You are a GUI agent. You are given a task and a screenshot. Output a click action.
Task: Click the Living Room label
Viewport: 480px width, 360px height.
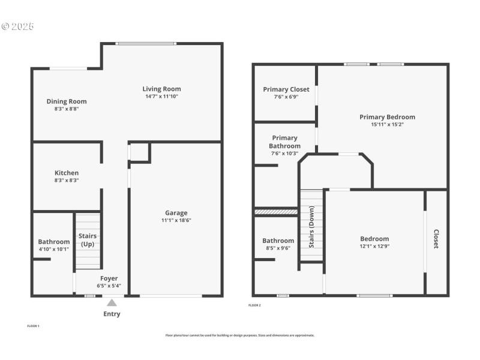tap(161, 89)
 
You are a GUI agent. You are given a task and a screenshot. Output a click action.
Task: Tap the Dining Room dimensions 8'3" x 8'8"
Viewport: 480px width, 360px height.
tap(67, 109)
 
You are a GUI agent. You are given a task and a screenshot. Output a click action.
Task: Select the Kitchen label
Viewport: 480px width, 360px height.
tap(67, 173)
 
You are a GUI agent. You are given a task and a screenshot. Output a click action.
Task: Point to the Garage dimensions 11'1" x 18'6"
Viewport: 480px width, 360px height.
tap(176, 220)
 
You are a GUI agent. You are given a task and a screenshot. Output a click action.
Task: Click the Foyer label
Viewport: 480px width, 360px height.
tap(109, 278)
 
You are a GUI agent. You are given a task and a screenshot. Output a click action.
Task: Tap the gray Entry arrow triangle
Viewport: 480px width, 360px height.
tap(112, 303)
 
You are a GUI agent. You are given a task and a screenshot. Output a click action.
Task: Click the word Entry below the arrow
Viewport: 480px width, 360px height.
tap(112, 314)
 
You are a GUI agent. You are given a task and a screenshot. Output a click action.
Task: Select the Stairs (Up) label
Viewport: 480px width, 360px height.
tap(88, 240)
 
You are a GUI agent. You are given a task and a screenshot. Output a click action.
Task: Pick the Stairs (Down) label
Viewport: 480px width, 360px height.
tap(311, 227)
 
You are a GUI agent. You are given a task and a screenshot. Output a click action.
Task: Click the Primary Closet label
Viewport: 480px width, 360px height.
tap(286, 89)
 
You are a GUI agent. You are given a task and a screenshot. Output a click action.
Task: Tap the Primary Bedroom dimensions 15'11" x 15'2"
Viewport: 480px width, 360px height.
tap(387, 125)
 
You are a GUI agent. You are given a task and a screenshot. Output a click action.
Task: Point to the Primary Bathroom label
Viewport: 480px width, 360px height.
tap(284, 142)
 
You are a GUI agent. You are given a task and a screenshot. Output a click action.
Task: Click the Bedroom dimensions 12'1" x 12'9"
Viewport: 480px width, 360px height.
tap(374, 246)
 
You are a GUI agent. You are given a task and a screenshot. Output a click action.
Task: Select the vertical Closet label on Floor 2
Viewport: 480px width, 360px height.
tap(436, 239)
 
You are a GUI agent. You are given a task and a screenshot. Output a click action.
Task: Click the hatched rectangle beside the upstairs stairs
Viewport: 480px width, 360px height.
tap(276, 212)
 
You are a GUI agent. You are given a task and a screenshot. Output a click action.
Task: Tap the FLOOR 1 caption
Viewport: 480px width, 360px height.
tap(33, 326)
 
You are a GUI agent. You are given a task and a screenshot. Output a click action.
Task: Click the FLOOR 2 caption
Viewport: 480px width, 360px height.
tap(254, 305)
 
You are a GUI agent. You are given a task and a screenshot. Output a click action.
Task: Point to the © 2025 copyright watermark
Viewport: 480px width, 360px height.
tap(18, 26)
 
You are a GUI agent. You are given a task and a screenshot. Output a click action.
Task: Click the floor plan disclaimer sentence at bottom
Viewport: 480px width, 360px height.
tap(240, 335)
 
